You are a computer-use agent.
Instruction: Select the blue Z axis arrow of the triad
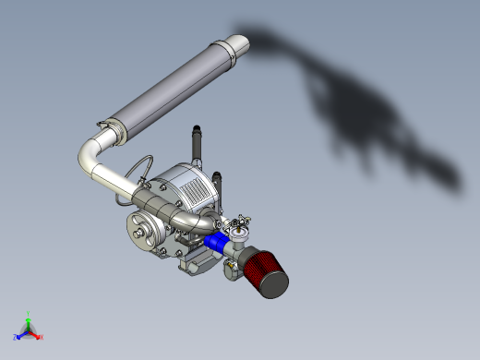pyautogui.click(x=20, y=334)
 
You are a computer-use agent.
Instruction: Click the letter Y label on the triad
pyautogui.click(x=29, y=312)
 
